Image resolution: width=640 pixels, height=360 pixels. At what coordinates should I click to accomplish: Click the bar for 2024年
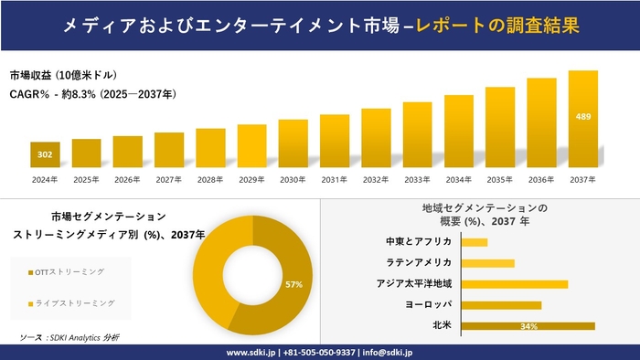[x=45, y=155]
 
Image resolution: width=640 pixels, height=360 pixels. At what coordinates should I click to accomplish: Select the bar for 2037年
[x=582, y=120]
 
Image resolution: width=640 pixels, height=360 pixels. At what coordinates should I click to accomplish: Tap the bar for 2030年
[x=293, y=143]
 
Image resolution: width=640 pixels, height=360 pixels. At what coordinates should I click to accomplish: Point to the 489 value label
[x=582, y=117]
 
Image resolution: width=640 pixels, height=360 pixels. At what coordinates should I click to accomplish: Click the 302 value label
[x=45, y=154]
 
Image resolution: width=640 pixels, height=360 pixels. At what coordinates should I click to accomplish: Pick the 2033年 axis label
[x=417, y=179]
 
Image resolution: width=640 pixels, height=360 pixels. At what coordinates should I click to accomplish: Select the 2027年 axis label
[x=169, y=179]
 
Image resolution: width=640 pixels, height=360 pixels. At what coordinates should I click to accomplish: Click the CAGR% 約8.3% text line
[x=93, y=93]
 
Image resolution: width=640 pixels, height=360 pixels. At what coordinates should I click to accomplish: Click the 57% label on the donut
[x=293, y=285]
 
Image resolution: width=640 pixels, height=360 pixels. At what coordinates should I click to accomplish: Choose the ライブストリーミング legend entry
[x=73, y=303]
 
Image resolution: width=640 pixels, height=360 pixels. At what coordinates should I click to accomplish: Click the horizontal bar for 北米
[x=528, y=325]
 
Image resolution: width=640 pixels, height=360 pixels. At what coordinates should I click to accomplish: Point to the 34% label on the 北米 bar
[x=528, y=326]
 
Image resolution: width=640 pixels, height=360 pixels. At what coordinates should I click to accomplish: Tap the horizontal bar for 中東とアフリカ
[x=475, y=242]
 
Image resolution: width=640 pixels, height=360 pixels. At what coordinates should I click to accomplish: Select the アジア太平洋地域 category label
[x=413, y=284]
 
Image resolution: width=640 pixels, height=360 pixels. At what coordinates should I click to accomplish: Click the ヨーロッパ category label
[x=428, y=304]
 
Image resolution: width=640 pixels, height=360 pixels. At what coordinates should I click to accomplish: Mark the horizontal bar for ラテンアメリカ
[x=487, y=263]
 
